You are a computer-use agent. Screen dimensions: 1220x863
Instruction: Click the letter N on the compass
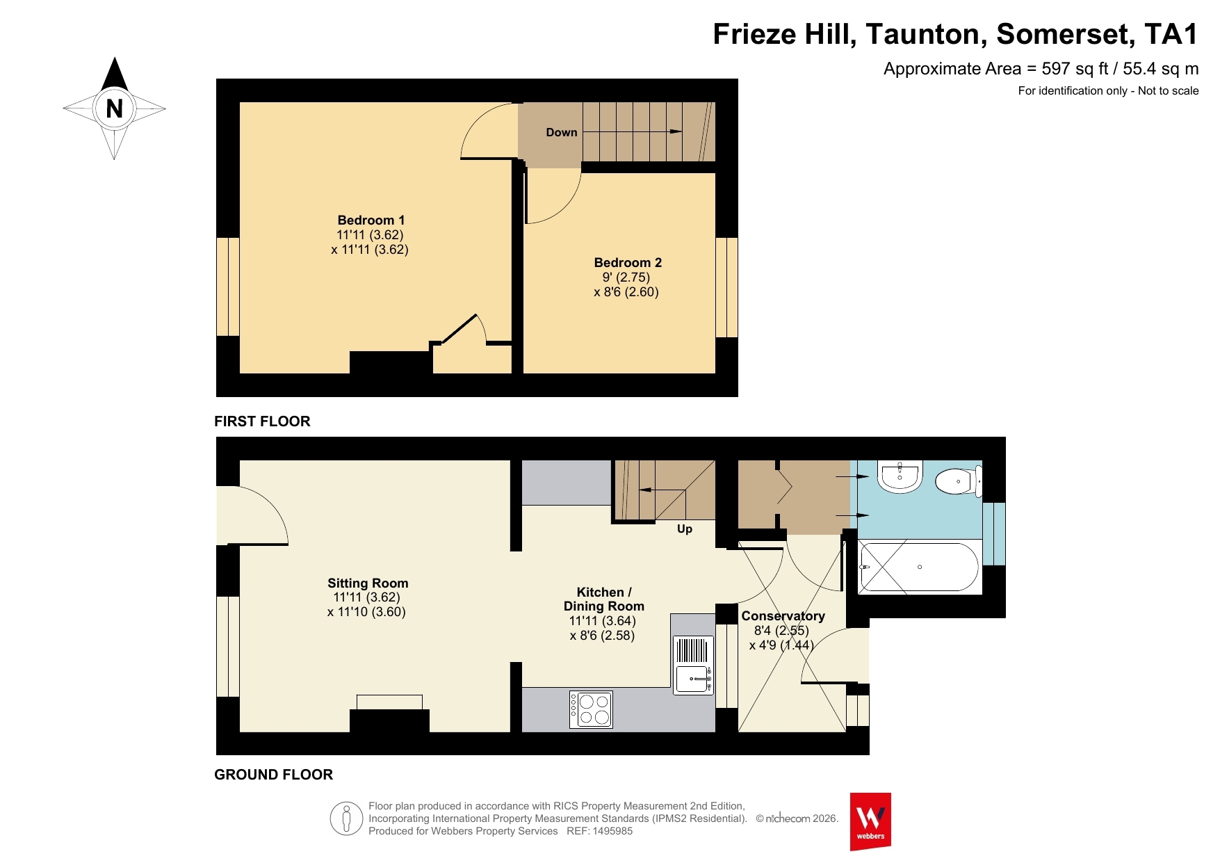pos(114,108)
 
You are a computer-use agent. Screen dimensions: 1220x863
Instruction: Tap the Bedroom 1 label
pos(371,220)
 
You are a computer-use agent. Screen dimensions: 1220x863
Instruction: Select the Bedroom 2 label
pos(628,263)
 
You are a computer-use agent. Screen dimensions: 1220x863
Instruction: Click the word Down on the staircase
pos(562,132)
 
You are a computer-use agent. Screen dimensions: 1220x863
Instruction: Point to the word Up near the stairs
pos(685,529)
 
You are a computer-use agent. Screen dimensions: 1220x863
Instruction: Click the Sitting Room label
pos(368,583)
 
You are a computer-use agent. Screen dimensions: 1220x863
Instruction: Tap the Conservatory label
pos(783,616)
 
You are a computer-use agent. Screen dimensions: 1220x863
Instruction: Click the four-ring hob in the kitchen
pos(591,709)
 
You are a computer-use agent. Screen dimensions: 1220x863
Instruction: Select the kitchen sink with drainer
pos(693,665)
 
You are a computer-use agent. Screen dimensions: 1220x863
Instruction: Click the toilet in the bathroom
pos(959,481)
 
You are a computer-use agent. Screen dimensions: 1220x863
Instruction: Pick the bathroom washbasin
pos(900,476)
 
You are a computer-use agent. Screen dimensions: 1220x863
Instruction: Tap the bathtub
pos(920,567)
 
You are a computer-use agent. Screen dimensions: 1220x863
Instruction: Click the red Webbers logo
pos(870,821)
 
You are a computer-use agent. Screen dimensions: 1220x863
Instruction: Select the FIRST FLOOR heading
pos(262,421)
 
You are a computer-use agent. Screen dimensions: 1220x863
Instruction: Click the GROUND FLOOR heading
pos(273,775)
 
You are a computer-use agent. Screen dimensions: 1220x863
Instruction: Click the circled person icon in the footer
pos(346,818)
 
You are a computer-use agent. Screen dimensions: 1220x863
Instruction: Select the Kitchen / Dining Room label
pos(604,599)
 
